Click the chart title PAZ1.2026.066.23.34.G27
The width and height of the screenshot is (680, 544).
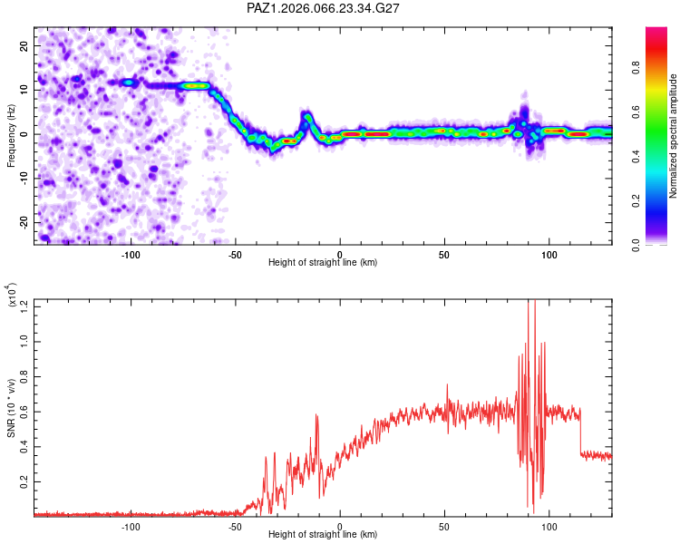pyautogui.click(x=323, y=8)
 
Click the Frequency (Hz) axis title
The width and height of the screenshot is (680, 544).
pyautogui.click(x=11, y=136)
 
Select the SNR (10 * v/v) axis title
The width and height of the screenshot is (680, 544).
pyautogui.click(x=11, y=407)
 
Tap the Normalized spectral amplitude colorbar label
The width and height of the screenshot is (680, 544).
pyautogui.click(x=674, y=136)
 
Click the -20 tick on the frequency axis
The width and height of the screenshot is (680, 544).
pyautogui.click(x=24, y=222)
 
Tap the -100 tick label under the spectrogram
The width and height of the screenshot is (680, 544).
pyautogui.click(x=131, y=253)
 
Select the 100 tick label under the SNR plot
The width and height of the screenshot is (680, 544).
pyautogui.click(x=549, y=525)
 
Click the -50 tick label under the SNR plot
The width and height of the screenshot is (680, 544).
pyautogui.click(x=235, y=525)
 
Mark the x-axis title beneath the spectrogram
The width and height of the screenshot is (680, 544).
pyautogui.click(x=323, y=262)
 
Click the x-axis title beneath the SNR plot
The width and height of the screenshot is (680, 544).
pyautogui.click(x=323, y=534)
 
